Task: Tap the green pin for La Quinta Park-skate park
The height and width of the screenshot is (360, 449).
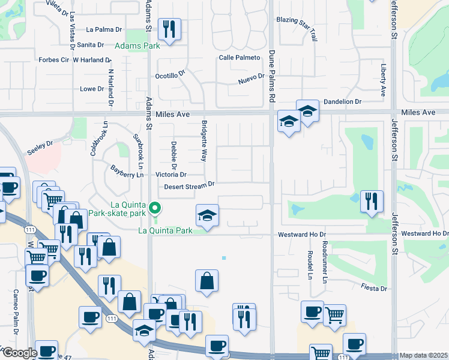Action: (155, 209)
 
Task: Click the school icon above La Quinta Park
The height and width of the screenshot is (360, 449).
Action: (207, 215)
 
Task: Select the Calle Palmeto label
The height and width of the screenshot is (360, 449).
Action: (240, 58)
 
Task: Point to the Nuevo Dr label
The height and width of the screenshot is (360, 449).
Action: (251, 79)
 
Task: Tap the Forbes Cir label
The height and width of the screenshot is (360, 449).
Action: (53, 60)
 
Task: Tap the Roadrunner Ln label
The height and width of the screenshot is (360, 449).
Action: (324, 262)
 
